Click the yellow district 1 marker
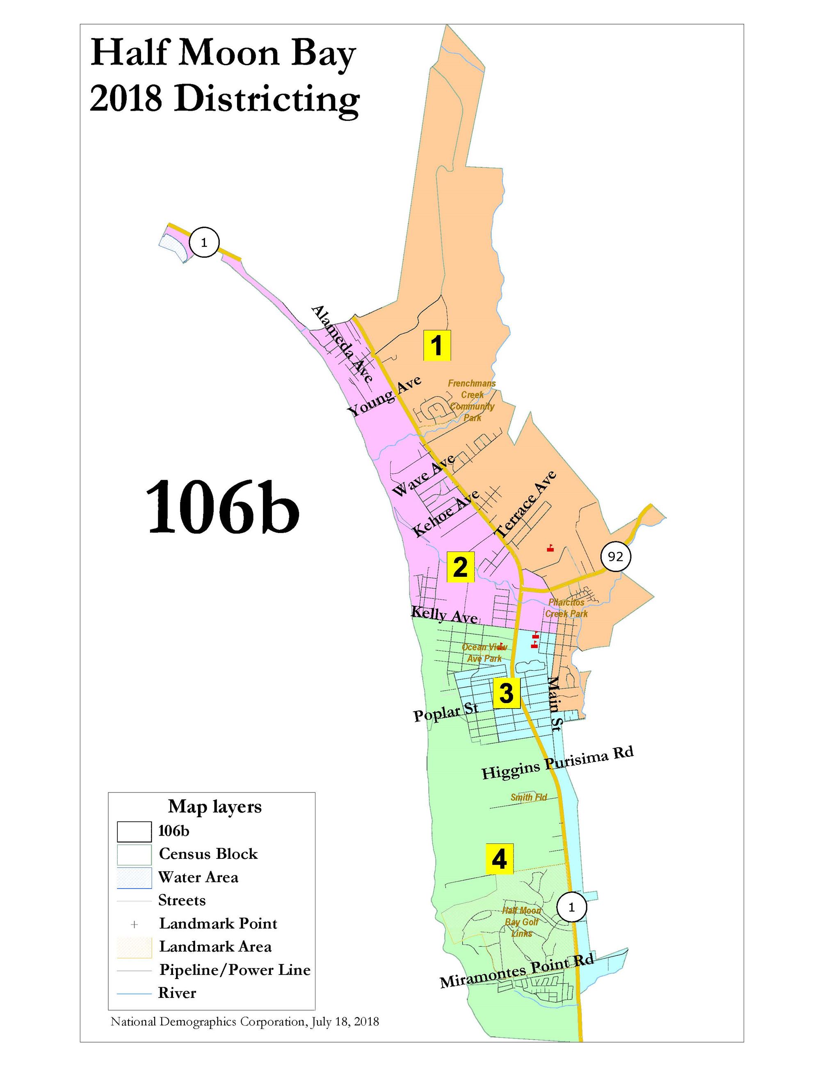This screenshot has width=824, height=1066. pos(437,346)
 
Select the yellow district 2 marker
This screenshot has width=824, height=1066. pos(460,567)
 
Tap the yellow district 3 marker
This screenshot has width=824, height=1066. pos(506,692)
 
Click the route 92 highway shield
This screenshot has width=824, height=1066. pos(616,556)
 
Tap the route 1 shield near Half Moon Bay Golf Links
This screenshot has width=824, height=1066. pos(571,907)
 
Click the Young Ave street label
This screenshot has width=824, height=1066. pos(383,396)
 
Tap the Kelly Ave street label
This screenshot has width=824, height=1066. pos(444,615)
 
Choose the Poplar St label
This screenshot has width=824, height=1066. pos(445,712)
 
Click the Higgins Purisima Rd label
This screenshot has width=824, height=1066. pos(557,763)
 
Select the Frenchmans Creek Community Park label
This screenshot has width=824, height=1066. pos(472,400)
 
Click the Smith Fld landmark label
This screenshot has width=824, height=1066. pos(529,797)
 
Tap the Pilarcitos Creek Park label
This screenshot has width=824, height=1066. pos(566,608)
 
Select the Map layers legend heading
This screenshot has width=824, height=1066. pos(215,807)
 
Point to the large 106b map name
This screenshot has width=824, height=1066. pos(222,506)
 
